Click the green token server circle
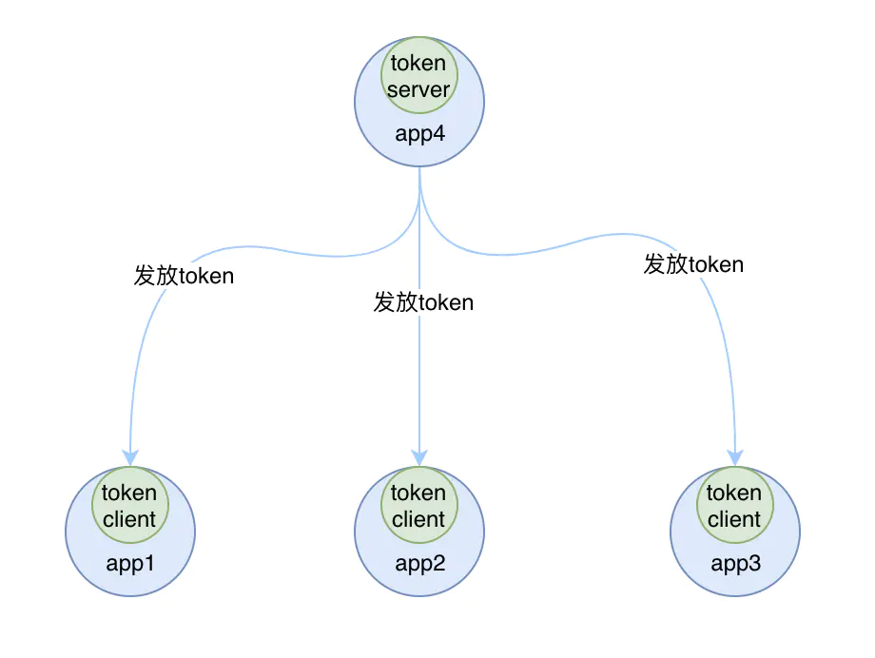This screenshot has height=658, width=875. tap(419, 75)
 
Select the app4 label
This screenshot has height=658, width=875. tap(419, 134)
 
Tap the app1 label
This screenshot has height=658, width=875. tap(130, 564)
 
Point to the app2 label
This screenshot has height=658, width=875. tap(419, 564)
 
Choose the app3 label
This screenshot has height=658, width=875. tap(735, 564)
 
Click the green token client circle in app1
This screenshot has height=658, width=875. tap(130, 505)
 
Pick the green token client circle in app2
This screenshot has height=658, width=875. tap(419, 505)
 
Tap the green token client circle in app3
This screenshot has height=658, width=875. tap(735, 505)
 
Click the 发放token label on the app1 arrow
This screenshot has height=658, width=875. tap(184, 276)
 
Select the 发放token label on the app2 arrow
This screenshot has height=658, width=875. tap(423, 302)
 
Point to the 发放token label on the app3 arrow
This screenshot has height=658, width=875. tap(693, 264)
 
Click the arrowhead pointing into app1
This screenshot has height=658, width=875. tap(130, 457)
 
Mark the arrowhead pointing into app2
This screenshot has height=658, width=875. tap(419, 457)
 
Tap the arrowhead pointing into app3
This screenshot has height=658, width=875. tap(735, 457)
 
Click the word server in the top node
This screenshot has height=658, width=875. tap(418, 89)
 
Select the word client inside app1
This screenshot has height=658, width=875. tap(129, 519)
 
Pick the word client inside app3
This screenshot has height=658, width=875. tap(734, 519)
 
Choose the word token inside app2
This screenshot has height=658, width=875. tap(418, 493)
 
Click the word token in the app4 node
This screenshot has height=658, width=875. tap(418, 63)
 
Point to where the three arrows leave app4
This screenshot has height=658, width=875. tap(419, 167)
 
